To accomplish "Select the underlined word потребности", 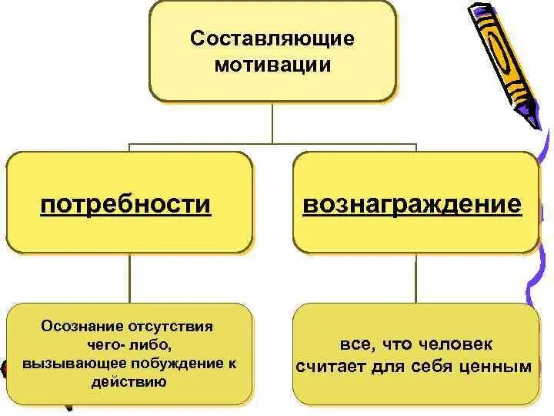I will [126, 205].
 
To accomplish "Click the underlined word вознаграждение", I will [412, 205].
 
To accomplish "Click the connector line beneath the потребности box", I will [128, 277].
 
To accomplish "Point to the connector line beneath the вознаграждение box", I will [415, 277].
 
